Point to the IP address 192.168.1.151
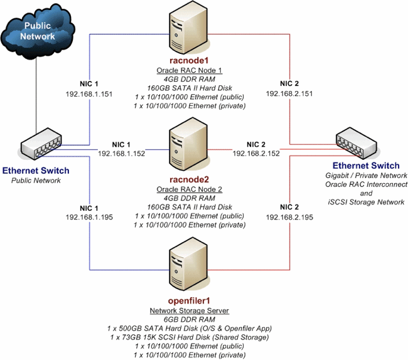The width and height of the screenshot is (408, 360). (x=90, y=93)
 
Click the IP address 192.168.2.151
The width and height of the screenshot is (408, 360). (x=289, y=93)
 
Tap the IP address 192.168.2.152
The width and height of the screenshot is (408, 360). (x=257, y=152)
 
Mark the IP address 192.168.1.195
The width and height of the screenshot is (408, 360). (x=90, y=217)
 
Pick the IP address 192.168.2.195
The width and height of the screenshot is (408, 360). (x=289, y=217)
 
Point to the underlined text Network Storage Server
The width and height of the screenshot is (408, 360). (x=189, y=311)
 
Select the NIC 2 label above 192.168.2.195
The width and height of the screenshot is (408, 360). (x=289, y=208)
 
